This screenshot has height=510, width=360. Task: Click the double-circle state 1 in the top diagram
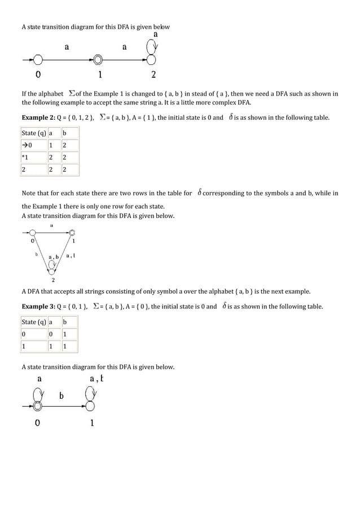(98, 59)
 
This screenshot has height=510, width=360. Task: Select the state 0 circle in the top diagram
(38, 59)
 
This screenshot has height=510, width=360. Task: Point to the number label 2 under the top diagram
(153, 75)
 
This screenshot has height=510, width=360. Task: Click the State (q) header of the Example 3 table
(33, 322)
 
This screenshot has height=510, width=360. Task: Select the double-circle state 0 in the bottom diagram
(38, 405)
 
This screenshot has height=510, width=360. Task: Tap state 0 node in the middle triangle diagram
(33, 232)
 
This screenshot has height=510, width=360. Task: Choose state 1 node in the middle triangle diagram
(72, 232)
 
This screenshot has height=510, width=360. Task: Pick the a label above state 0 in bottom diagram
(39, 379)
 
